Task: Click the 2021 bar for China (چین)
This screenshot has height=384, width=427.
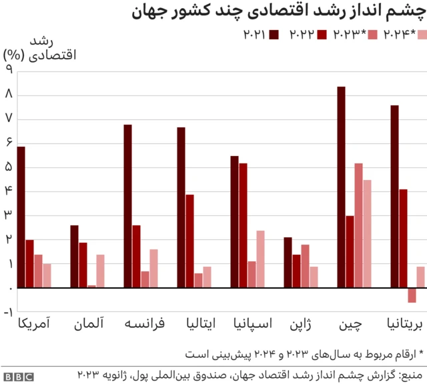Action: [341, 187]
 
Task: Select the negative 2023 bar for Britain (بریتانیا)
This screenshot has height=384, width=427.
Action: [412, 295]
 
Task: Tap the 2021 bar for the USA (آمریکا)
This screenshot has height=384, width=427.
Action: [21, 217]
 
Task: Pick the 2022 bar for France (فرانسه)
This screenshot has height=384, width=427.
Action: [136, 257]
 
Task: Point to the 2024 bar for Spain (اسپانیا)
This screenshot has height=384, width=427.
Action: [260, 259]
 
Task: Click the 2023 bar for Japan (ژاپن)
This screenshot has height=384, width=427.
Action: [305, 266]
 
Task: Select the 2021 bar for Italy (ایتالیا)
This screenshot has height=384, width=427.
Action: [181, 207]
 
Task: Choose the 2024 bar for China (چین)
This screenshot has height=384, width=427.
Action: [367, 234]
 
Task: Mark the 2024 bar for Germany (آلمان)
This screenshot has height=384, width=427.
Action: [100, 271]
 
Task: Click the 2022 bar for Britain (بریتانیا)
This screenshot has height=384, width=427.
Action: [403, 239]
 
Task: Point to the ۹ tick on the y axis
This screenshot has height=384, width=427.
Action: [9, 70]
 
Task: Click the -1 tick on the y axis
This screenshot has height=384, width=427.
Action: [8, 312]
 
